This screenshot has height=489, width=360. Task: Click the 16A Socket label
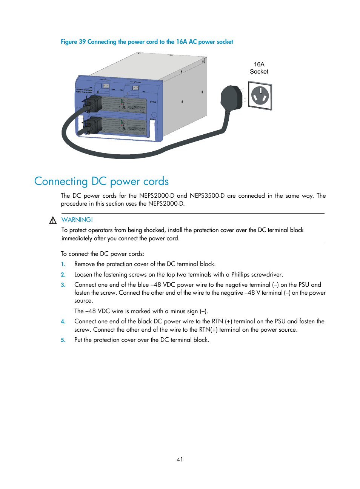(x=259, y=68)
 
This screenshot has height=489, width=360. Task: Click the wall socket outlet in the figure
(x=260, y=96)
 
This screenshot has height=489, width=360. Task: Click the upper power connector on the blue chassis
(x=93, y=104)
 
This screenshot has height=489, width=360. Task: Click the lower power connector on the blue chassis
(x=93, y=125)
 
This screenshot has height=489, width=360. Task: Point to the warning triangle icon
(x=53, y=220)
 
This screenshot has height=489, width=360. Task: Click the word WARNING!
(x=77, y=220)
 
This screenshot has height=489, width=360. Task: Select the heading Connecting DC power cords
(x=101, y=181)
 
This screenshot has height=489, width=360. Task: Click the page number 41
(x=180, y=459)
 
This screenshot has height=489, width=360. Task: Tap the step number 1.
(x=63, y=264)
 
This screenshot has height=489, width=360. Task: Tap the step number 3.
(x=63, y=285)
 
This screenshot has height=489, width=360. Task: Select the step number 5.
(x=63, y=340)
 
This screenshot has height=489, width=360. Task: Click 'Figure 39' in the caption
(x=73, y=42)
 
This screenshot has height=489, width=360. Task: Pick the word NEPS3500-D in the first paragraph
(x=207, y=196)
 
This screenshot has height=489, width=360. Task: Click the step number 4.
(x=63, y=321)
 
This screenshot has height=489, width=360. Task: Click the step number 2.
(x=63, y=275)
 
